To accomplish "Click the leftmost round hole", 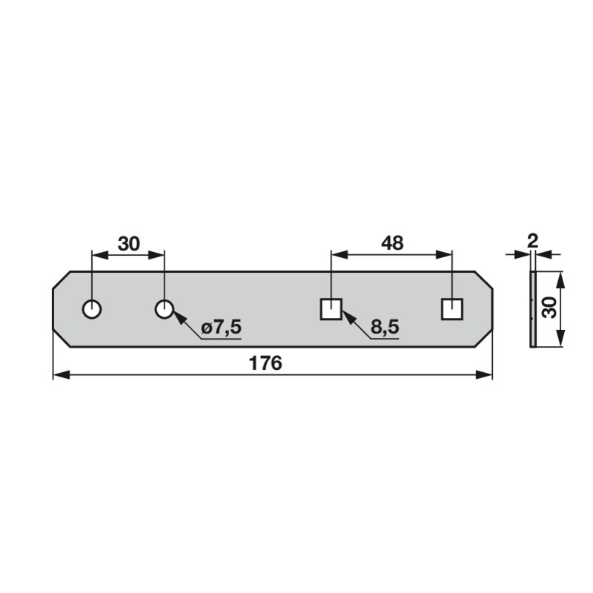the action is tap(92, 309).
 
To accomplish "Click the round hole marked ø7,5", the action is tap(165, 309).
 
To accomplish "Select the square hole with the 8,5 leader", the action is tap(331, 309).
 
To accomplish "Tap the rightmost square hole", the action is tap(452, 309).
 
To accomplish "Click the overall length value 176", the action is tap(265, 363).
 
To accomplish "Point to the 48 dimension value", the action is tap(392, 243).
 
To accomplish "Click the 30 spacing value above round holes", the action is tap(129, 244).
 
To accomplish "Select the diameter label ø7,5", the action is tap(221, 327).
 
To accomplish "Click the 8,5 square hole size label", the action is tap(385, 327).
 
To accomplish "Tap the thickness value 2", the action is tap(532, 241).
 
